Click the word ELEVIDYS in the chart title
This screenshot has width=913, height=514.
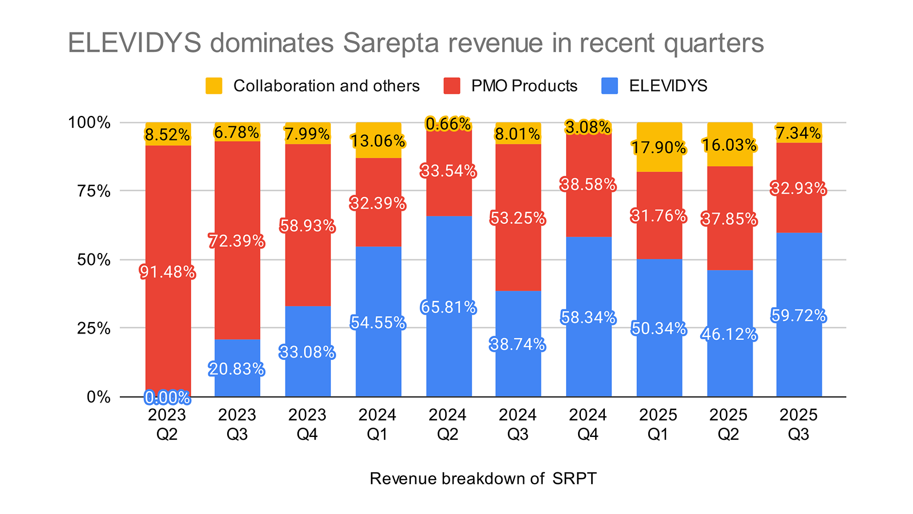pyautogui.click(x=134, y=43)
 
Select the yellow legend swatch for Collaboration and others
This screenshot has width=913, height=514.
pyautogui.click(x=214, y=86)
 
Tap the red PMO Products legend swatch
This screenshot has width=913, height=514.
pyautogui.click(x=452, y=86)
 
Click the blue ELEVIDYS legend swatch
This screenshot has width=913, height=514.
pyautogui.click(x=610, y=86)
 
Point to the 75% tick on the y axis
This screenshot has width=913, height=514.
pyautogui.click(x=94, y=191)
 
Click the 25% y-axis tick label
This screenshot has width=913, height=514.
pyautogui.click(x=94, y=328)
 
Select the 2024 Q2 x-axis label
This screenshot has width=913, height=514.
pyautogui.click(x=447, y=424)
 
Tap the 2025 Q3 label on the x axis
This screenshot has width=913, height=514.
pyautogui.click(x=798, y=424)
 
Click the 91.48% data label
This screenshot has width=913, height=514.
pyautogui.click(x=167, y=272)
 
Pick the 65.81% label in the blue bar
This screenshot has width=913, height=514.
pyautogui.click(x=449, y=308)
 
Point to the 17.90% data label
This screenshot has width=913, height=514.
pyautogui.click(x=659, y=148)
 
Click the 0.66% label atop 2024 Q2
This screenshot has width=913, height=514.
pyautogui.click(x=449, y=124)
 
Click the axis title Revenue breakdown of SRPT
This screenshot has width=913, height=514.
pyautogui.click(x=483, y=479)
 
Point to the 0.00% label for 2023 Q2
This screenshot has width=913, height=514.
pyautogui.click(x=167, y=397)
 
